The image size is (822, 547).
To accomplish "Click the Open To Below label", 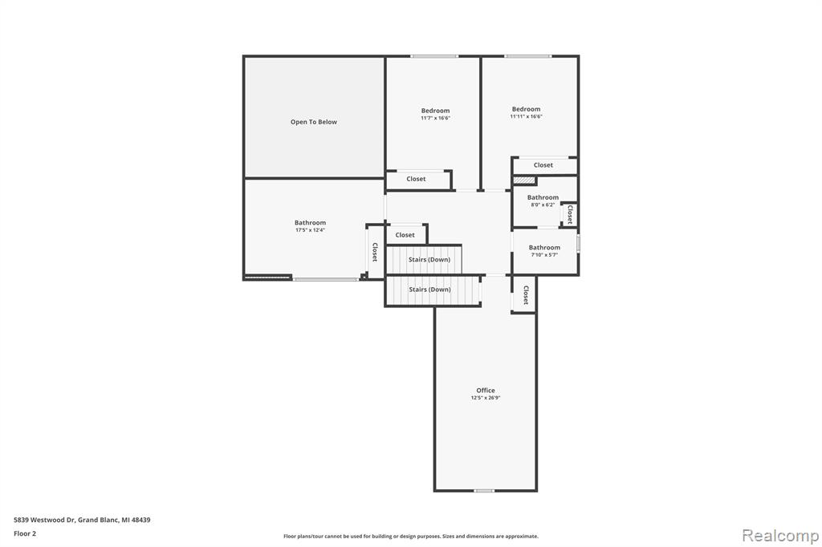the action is pos(314,122).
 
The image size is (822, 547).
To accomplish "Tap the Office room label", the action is pos(486,391).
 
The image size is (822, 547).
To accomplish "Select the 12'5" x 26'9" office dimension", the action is pos(486,398).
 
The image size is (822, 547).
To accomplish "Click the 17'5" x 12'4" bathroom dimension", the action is pos(310,230).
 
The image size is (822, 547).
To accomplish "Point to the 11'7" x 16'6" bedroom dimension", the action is pos(435,118).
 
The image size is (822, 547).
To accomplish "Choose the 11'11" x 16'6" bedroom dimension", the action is pos(526,116).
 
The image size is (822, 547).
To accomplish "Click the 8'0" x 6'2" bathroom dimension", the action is pos(543,205).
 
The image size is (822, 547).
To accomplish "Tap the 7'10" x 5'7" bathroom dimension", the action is pos(544,255).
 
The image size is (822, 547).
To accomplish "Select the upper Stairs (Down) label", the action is pos(429,260).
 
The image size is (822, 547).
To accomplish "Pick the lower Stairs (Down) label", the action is pos(430,290).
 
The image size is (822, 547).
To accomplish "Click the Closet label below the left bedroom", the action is pos(417,179).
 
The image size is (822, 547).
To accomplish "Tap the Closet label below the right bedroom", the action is pos(543,165).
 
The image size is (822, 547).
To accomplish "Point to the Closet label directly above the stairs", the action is pos(405,235).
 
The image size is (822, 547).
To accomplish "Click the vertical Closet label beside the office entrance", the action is pos(525,295).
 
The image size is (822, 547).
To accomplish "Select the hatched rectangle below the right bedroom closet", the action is pos(524,180).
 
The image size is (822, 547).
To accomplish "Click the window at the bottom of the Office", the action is pos(484,491).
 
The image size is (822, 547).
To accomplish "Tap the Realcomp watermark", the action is pos(780,536).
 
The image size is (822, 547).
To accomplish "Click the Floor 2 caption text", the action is pos(25,534).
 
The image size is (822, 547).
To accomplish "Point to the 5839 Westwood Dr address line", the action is pos(82,521).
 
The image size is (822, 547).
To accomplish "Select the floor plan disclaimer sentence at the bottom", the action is pos(411,537).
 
